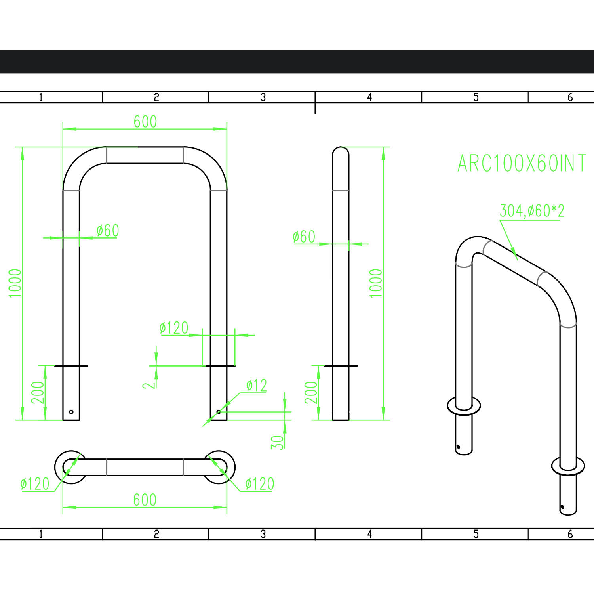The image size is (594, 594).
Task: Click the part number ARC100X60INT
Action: pos(522,163)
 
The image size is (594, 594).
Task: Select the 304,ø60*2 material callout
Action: pos(532,211)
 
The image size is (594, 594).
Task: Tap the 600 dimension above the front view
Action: pos(145,122)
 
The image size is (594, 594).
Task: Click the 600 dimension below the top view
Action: pos(145,500)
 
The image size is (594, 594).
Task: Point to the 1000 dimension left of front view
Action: pos(15,283)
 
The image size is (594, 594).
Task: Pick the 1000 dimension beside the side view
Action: pos(376,283)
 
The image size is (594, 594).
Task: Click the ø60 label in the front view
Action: pos(108,231)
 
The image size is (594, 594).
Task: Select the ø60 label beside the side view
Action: pos(304,237)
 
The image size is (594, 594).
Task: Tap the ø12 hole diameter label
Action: pos(256,385)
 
